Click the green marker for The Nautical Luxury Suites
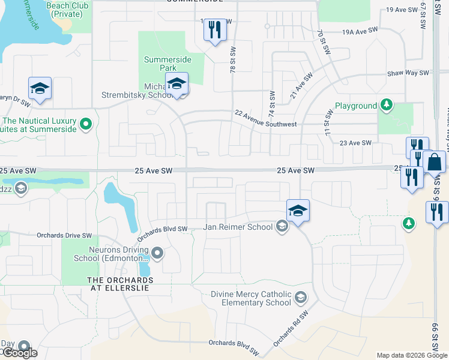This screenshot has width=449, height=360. (86, 124)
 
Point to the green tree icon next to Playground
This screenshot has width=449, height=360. (387, 106)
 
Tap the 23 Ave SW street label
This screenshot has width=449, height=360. (355, 143)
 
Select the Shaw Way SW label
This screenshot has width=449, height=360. (407, 72)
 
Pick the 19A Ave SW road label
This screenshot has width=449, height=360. (360, 31)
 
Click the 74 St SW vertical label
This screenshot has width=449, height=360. (271, 104)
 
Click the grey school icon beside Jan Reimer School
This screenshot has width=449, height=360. (281, 226)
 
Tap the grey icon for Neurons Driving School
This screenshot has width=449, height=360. (157, 253)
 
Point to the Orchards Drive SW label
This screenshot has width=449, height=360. (64, 235)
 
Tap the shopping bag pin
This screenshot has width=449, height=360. (434, 163)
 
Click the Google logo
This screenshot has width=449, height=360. (19, 353)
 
